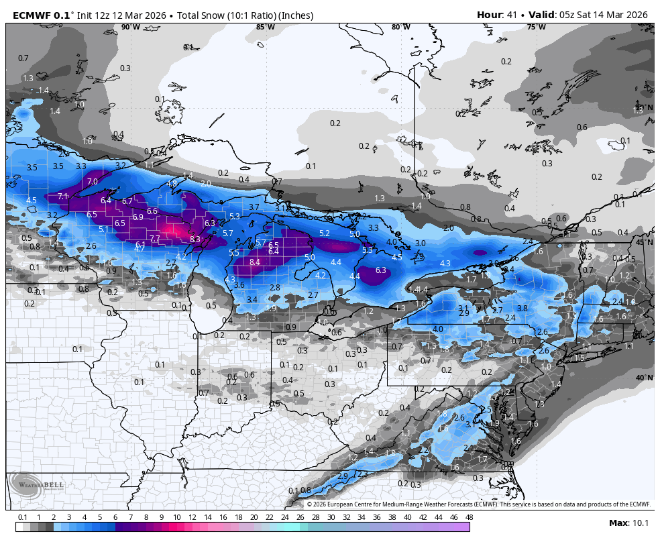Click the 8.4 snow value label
coord(254,262)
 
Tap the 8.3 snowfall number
coord(195,239)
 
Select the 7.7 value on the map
coord(155,239)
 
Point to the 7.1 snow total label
coord(62,197)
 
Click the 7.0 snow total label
coord(93,182)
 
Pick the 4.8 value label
coord(172,184)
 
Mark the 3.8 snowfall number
coord(522,309)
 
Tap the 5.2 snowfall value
coord(325,233)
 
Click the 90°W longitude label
coord(131,28)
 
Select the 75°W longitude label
coord(536,28)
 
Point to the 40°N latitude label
coord(645,378)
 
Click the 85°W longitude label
coord(266,28)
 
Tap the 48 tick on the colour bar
coord(469,517)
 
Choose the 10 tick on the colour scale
coord(176,517)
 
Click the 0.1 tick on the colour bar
coord(22,517)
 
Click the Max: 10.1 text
coord(628,523)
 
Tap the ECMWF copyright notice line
coord(479,504)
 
